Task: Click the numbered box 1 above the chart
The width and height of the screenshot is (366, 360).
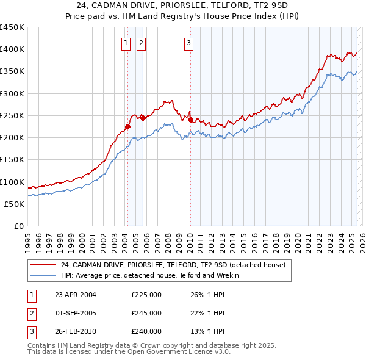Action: (126, 43)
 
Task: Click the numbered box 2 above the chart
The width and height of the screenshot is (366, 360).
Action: (141, 43)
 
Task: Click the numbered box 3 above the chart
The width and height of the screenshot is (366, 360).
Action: (188, 43)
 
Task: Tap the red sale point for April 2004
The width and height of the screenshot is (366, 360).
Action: (128, 127)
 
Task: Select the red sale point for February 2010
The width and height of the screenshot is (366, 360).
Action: (190, 120)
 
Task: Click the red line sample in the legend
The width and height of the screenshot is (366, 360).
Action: (43, 265)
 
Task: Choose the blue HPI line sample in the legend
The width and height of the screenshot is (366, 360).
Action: (43, 276)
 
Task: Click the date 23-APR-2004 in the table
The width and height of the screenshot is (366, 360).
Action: (76, 295)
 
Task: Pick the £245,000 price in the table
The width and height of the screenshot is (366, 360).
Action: (146, 313)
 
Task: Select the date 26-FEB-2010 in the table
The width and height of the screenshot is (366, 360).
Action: (76, 331)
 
